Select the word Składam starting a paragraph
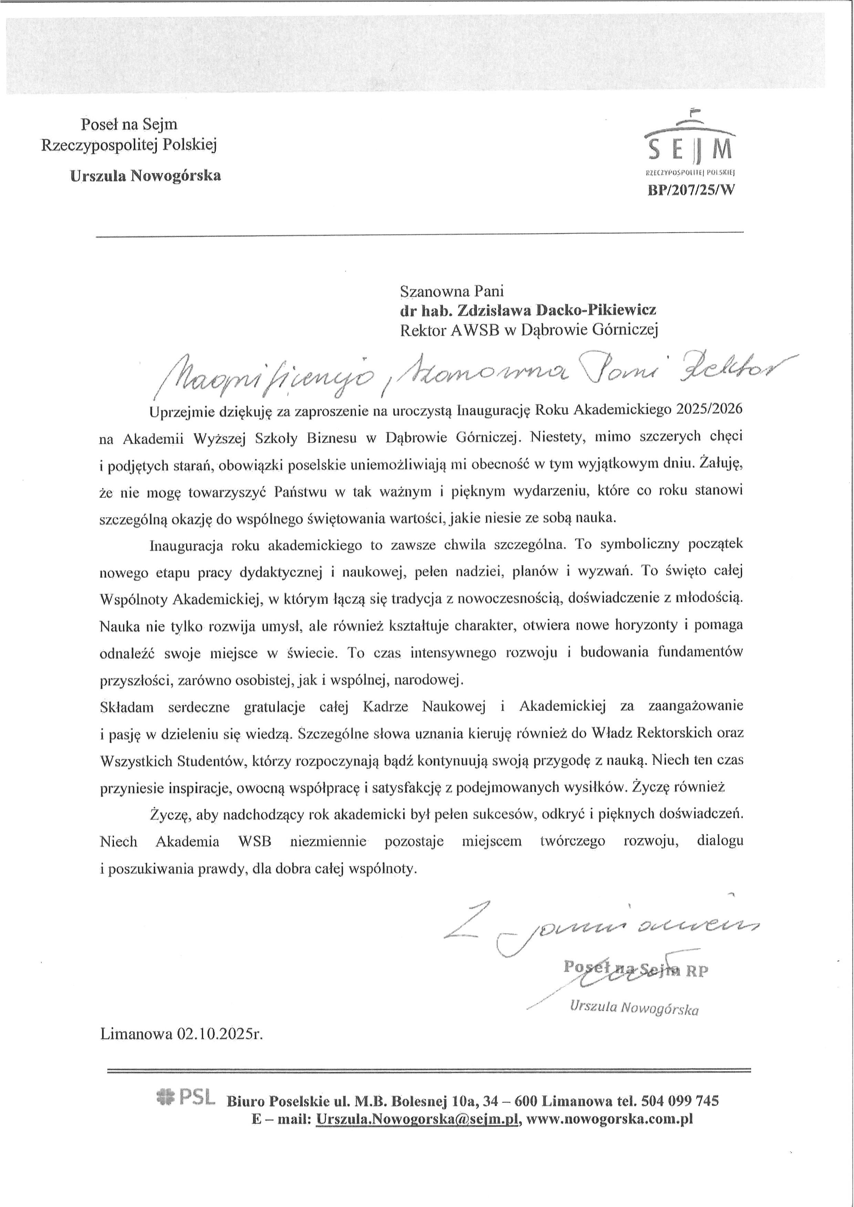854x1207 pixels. point(126,707)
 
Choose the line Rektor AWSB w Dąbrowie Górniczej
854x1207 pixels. point(529,330)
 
